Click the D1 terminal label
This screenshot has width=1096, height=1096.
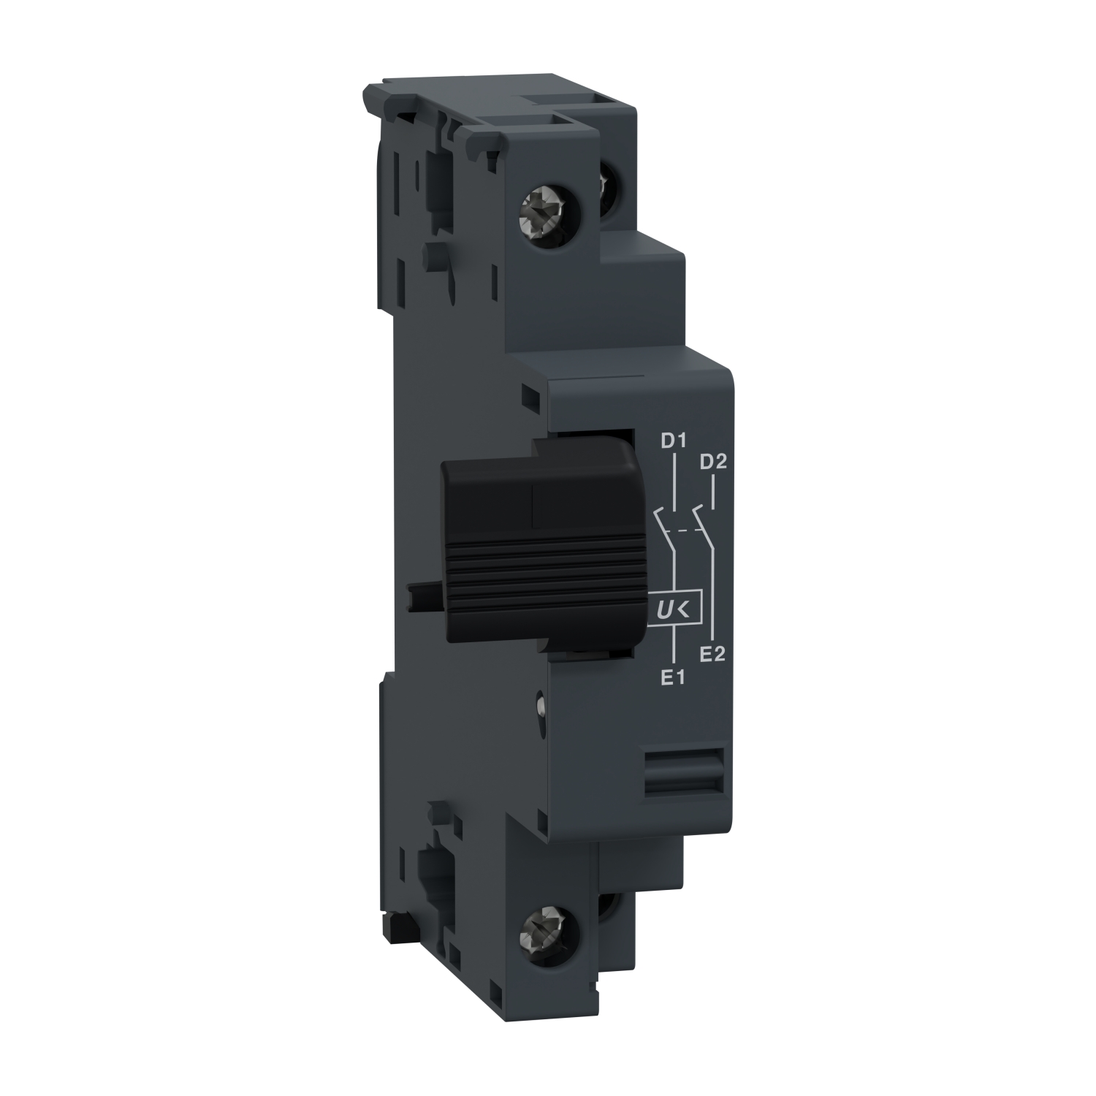(671, 441)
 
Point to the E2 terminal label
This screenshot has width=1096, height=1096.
(712, 654)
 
